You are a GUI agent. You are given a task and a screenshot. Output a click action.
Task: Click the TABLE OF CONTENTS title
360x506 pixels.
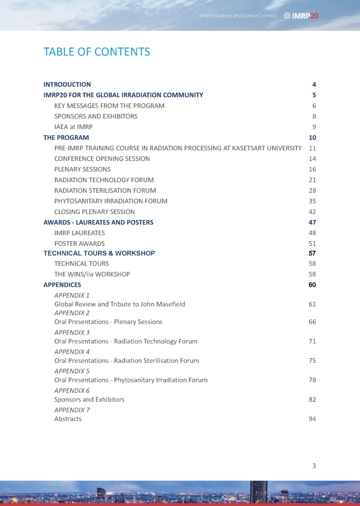pyautogui.click(x=97, y=52)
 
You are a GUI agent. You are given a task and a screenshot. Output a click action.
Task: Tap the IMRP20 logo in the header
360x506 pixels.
pyautogui.click(x=301, y=16)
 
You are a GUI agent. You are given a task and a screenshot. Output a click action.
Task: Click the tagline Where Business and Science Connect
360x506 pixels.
pyautogui.click(x=238, y=16)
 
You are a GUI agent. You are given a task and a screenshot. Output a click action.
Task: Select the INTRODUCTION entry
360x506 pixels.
pyautogui.click(x=67, y=84)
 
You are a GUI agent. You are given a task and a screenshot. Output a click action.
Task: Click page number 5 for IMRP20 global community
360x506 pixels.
pyautogui.click(x=314, y=95)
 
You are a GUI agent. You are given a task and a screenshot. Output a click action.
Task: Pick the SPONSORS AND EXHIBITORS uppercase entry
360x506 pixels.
pyautogui.click(x=96, y=116)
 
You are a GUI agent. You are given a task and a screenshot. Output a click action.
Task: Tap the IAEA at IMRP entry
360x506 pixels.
pyautogui.click(x=73, y=127)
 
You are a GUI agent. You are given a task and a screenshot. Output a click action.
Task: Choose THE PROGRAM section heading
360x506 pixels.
pyautogui.click(x=66, y=138)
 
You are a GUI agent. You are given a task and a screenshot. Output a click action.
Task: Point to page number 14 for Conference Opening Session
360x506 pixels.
pyautogui.click(x=312, y=159)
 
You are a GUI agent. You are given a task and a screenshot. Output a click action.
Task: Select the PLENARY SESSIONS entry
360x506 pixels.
pyautogui.click(x=82, y=169)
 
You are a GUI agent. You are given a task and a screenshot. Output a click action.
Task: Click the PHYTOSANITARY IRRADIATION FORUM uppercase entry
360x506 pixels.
pyautogui.click(x=111, y=201)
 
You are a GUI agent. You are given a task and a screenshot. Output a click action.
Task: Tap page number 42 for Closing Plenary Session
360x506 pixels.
pyautogui.click(x=312, y=212)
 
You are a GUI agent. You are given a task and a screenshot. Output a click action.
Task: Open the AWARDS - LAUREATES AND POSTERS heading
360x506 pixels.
pyautogui.click(x=98, y=222)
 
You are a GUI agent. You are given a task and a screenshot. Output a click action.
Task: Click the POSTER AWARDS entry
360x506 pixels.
pyautogui.click(x=79, y=244)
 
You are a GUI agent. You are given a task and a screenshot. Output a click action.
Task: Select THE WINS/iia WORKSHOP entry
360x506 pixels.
pyautogui.click(x=92, y=274)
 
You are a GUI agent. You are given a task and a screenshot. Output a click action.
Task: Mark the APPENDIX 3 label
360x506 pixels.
pyautogui.click(x=72, y=332)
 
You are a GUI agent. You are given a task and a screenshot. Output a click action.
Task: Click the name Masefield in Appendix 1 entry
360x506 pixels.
pyautogui.click(x=171, y=304)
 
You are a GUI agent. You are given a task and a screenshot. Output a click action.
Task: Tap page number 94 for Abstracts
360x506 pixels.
pyautogui.click(x=312, y=419)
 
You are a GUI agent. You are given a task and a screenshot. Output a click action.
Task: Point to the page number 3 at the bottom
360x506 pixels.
pyautogui.click(x=314, y=466)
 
